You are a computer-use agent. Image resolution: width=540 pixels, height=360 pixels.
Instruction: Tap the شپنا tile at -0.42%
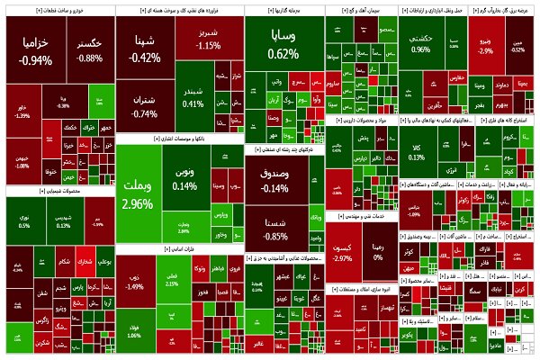[145, 49]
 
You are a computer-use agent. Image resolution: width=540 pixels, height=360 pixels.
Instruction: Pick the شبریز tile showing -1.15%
[209, 38]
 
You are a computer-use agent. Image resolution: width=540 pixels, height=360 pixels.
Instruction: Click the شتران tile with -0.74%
[144, 106]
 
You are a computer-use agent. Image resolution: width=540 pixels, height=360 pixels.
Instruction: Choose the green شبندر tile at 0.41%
[194, 97]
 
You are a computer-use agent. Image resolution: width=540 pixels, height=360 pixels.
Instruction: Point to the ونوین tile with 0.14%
[184, 178]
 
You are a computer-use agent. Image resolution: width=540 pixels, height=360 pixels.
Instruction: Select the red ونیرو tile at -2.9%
[485, 45]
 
